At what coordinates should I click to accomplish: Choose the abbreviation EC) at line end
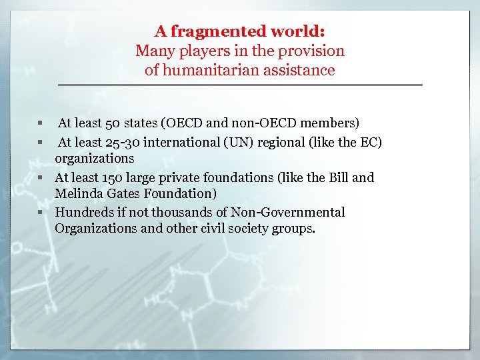(371, 142)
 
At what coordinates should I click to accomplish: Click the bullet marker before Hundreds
(41, 213)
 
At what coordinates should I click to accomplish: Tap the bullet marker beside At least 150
(41, 178)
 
